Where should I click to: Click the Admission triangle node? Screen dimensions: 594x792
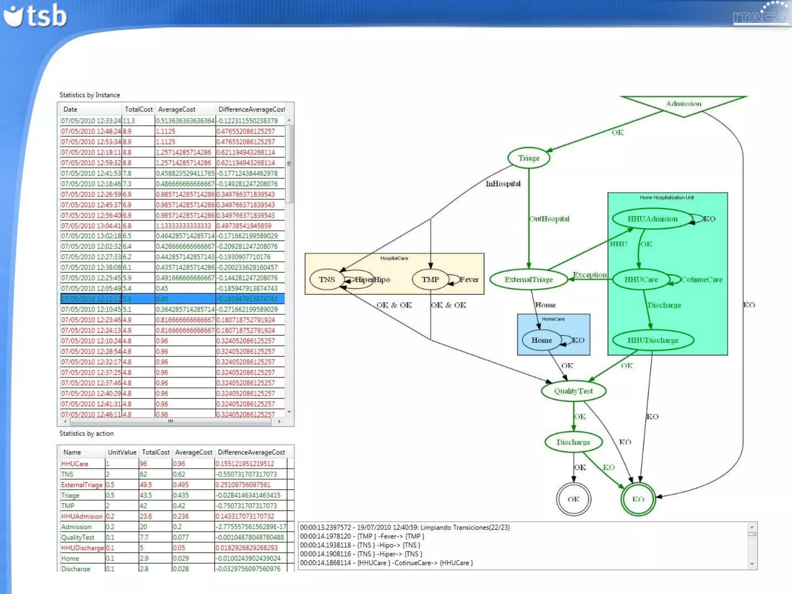683,104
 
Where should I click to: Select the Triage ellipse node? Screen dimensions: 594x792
529,158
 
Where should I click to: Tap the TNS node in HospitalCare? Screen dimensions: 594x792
327,280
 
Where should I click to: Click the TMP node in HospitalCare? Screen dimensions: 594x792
430,280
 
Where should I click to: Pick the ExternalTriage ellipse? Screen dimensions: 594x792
529,280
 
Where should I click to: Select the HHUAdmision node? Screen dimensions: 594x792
652,219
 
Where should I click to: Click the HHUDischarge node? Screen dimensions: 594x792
653,340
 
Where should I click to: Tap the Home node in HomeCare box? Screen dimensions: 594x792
541,340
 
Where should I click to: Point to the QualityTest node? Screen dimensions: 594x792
573,391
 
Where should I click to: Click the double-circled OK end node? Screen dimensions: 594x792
573,499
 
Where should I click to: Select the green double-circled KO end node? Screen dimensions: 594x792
638,499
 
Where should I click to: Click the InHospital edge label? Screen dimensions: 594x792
503,184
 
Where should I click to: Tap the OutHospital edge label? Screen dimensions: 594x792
550,219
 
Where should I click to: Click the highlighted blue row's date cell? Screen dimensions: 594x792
91,299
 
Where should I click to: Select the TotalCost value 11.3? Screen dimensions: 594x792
129,121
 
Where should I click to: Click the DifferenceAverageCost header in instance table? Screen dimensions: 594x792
251,109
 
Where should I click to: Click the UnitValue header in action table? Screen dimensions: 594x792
122,452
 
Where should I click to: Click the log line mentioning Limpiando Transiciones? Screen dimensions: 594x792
405,527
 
